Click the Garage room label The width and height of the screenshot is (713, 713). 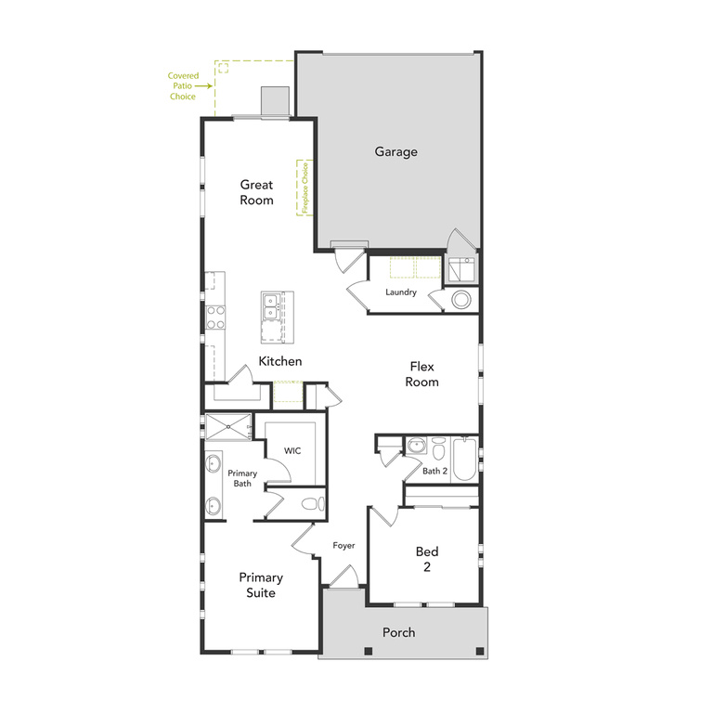395,151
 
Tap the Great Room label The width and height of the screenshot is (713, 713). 256,192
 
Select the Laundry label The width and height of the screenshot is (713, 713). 400,292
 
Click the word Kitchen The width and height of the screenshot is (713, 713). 279,361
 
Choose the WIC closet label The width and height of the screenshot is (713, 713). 292,450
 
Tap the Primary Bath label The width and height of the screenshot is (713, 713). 242,478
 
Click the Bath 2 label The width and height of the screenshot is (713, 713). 434,472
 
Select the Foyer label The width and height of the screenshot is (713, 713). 344,545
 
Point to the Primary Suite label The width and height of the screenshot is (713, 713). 260,585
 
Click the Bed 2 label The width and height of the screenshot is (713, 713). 427,559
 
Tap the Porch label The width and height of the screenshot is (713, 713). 398,632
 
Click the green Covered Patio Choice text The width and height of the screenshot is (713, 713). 182,86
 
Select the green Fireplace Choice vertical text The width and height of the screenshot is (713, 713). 303,188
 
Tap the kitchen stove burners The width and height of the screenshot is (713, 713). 213,318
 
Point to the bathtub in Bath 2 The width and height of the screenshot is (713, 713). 463,456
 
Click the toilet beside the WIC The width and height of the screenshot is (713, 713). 313,503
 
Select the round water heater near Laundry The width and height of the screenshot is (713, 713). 461,300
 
